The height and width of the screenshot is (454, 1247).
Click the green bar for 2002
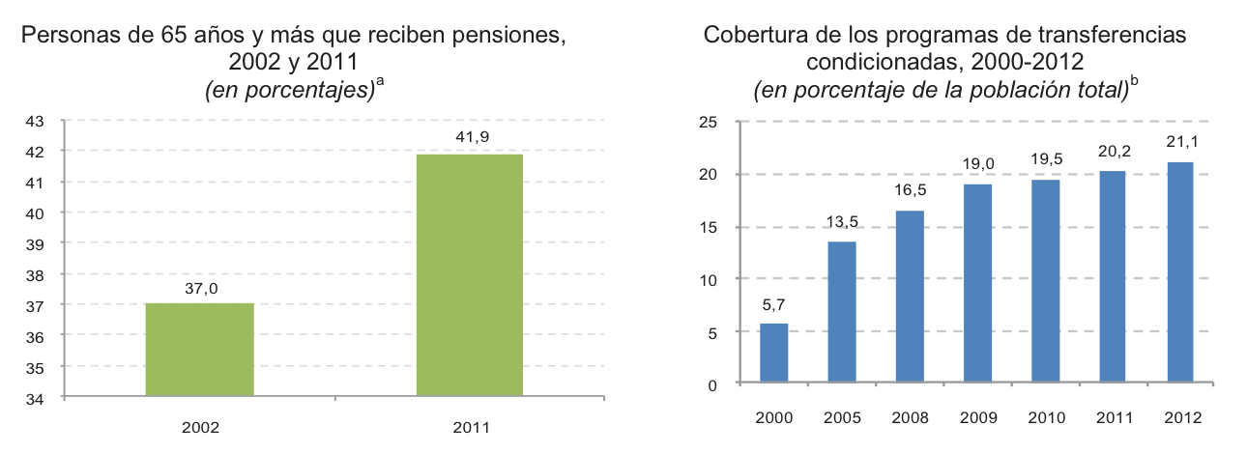click(x=199, y=350)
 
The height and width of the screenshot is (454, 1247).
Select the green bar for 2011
click(x=470, y=275)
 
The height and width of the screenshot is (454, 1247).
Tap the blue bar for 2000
click(x=774, y=354)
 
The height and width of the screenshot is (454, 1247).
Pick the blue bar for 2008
click(x=910, y=297)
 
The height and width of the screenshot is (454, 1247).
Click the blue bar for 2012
click(x=1180, y=272)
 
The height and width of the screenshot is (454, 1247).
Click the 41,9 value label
click(x=471, y=137)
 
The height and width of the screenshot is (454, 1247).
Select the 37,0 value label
click(x=200, y=287)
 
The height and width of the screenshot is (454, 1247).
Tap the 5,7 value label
click(x=773, y=305)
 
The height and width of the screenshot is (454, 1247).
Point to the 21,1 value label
click(x=1180, y=144)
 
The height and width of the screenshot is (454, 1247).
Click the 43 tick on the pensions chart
click(x=34, y=121)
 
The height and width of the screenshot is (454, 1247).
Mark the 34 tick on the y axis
click(x=34, y=398)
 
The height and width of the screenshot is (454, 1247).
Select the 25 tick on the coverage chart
click(x=708, y=121)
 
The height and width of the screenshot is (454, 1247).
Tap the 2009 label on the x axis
click(x=977, y=418)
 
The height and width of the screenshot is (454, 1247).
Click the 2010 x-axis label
click(x=1045, y=418)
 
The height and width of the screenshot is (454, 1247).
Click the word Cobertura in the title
click(x=752, y=38)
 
